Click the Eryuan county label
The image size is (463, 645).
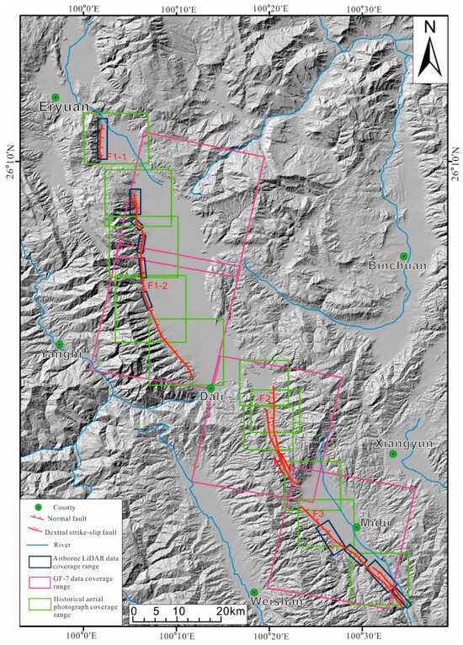coord(62,107)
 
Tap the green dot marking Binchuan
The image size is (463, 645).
coord(403,256)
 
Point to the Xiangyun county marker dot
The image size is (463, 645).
coord(392,455)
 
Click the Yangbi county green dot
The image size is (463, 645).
coord(60,344)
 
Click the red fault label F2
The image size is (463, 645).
coord(263,397)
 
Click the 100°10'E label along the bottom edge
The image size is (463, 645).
coord(176,637)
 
